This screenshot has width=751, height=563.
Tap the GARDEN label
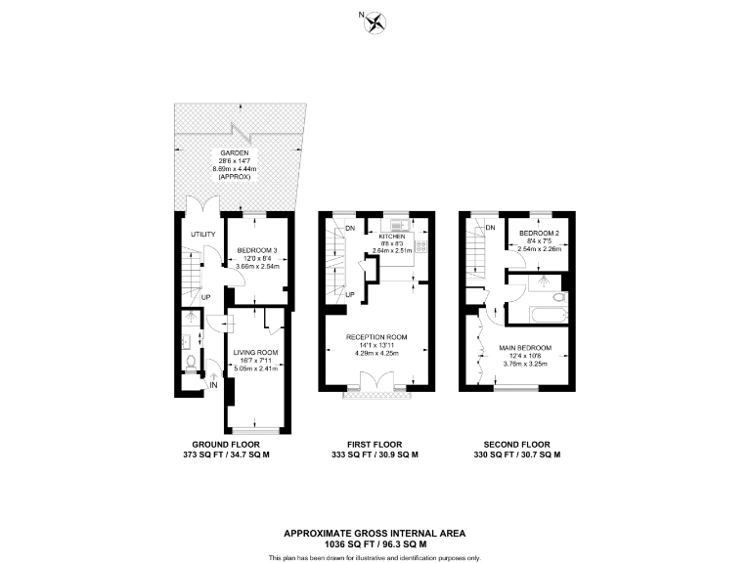tap(232, 153)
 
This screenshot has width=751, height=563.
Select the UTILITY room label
tap(202, 235)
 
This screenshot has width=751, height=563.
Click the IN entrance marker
tap(212, 385)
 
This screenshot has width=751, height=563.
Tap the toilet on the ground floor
tap(191, 363)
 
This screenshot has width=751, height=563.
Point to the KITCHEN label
tap(392, 237)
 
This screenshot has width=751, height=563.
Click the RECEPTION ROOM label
tap(376, 337)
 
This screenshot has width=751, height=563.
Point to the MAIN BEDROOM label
tap(525, 348)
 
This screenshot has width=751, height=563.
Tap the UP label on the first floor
tap(350, 294)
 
